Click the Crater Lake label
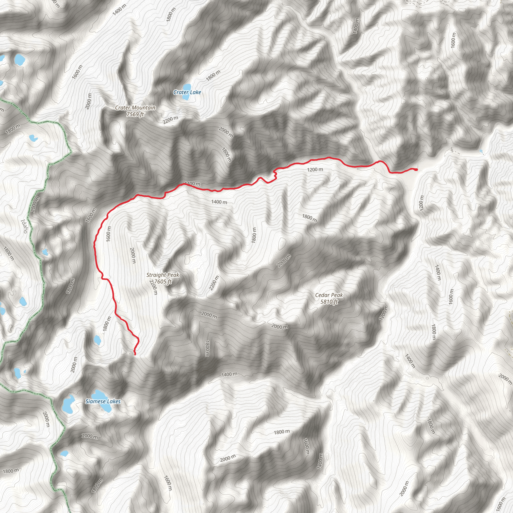pyautogui.click(x=187, y=92)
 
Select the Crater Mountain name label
pyautogui.click(x=135, y=107)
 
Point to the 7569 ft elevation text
pyautogui.click(x=135, y=114)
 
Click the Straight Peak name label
pyautogui.click(x=163, y=275)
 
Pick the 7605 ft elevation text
pyautogui.click(x=163, y=282)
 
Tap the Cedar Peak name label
pyautogui.click(x=329, y=295)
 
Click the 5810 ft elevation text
pyautogui.click(x=329, y=302)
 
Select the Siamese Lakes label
pyautogui.click(x=103, y=401)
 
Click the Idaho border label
pyautogui.click(x=25, y=226)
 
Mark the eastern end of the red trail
pyautogui.click(x=417, y=169)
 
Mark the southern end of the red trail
pyautogui.click(x=135, y=354)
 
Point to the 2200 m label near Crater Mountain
pyautogui.click(x=171, y=120)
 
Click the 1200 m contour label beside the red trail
pyautogui.click(x=315, y=169)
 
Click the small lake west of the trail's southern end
pyautogui.click(x=97, y=340)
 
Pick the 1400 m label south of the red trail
pyautogui.click(x=219, y=202)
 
